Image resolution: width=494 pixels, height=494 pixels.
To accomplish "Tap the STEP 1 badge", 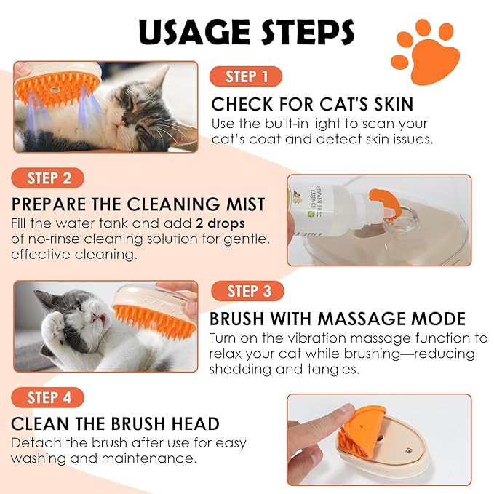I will click(x=245, y=76).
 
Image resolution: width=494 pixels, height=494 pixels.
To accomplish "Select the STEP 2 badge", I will click(x=48, y=178).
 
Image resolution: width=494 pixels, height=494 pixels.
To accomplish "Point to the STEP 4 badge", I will click(x=48, y=397).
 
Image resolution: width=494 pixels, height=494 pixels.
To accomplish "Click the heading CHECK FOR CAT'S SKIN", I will click(x=312, y=103).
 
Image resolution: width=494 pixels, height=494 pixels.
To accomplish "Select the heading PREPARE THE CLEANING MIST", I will click(x=138, y=204).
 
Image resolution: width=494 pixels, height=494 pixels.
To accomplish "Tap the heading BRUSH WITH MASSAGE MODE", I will click(x=338, y=319).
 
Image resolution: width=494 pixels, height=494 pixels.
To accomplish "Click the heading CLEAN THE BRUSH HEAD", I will click(x=115, y=424).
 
